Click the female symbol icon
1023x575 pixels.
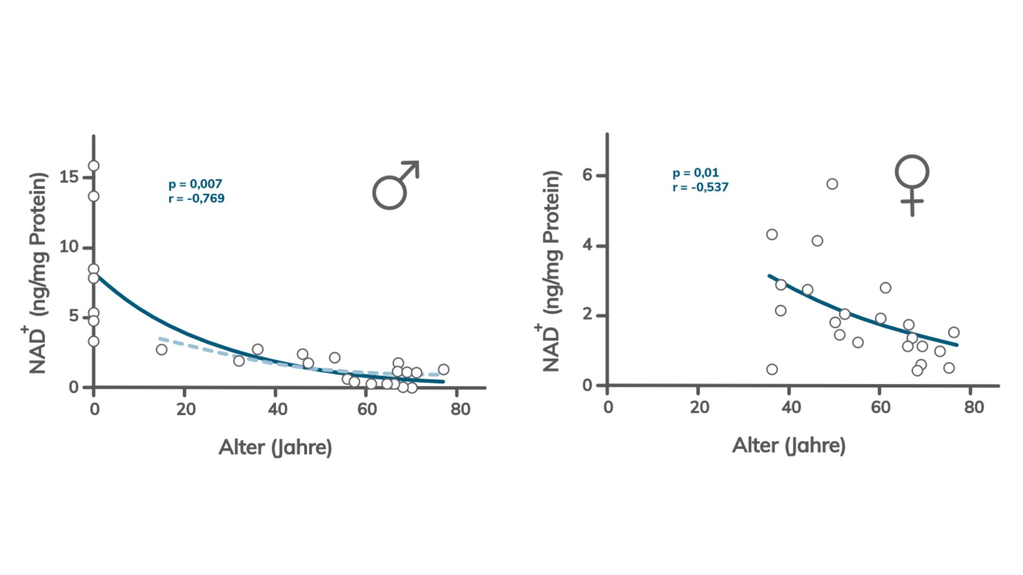(912, 184)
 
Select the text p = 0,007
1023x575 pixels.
(195, 184)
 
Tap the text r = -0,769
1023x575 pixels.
(196, 199)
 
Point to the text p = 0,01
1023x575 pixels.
(695, 173)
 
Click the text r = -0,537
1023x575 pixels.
(700, 187)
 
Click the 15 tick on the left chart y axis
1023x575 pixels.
(70, 177)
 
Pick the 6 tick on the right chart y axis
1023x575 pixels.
(587, 175)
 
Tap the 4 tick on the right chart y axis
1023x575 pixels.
(587, 245)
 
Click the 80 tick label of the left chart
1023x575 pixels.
(460, 409)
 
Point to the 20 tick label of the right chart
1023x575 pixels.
(699, 407)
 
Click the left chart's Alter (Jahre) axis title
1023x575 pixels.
(275, 447)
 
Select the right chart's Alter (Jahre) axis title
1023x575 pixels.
(789, 445)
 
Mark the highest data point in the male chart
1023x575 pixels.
(94, 166)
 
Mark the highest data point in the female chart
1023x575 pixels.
(832, 184)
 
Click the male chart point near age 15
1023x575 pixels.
(161, 350)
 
